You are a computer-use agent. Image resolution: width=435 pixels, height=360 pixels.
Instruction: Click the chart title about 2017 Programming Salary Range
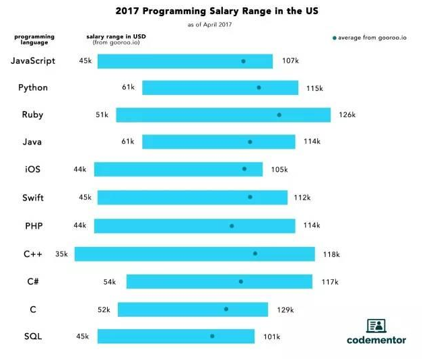click(217, 11)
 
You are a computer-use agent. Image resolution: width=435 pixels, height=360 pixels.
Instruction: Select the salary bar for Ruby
click(223, 115)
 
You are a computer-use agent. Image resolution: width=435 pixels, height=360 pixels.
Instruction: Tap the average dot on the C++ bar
click(255, 254)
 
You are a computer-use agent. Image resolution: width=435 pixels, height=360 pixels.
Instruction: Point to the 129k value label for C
click(285, 310)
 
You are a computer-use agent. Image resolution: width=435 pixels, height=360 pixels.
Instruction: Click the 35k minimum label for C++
click(61, 254)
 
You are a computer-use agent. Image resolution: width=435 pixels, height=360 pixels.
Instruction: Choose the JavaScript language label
click(33, 61)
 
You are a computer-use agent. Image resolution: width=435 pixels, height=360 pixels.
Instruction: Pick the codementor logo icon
click(376, 326)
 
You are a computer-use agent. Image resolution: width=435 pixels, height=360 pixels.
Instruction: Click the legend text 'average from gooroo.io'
click(372, 38)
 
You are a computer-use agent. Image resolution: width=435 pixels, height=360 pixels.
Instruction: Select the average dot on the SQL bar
click(212, 336)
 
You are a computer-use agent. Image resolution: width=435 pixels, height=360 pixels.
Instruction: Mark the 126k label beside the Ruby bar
click(347, 115)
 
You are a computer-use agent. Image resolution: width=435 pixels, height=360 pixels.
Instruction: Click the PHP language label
click(33, 226)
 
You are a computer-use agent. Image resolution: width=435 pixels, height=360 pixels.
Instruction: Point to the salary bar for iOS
click(178, 170)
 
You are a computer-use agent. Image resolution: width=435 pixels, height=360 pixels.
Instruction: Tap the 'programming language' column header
click(34, 39)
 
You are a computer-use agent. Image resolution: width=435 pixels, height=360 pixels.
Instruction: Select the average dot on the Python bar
click(259, 87)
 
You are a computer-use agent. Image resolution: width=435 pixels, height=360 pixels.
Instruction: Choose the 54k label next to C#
click(110, 282)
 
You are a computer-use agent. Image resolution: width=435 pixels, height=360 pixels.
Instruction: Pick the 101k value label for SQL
click(271, 336)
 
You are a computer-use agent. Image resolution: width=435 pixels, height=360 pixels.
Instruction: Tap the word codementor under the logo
click(376, 340)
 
